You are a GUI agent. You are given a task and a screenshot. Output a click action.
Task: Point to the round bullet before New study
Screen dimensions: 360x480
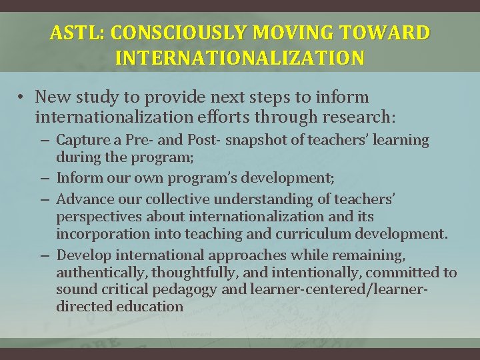[x=22, y=98]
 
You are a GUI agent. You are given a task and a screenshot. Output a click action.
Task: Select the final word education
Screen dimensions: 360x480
[x=150, y=307]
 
